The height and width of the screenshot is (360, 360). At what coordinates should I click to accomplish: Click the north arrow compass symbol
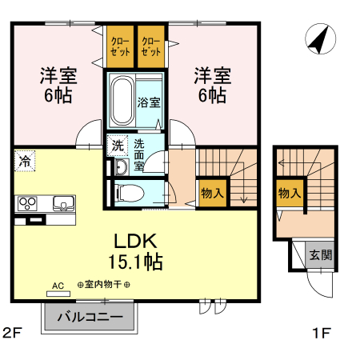click(319, 40)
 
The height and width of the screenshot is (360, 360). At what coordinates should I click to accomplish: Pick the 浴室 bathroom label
click(150, 102)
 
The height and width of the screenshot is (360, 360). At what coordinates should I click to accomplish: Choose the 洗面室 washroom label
click(139, 155)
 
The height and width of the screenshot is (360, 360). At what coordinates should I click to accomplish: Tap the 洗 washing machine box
click(117, 146)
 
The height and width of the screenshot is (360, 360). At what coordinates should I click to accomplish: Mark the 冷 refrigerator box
click(25, 161)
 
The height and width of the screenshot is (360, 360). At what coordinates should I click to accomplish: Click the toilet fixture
click(129, 192)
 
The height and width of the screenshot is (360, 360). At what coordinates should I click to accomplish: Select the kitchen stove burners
click(27, 202)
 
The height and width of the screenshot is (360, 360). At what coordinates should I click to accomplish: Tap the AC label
click(58, 285)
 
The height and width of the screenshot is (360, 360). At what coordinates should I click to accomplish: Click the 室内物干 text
click(103, 285)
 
